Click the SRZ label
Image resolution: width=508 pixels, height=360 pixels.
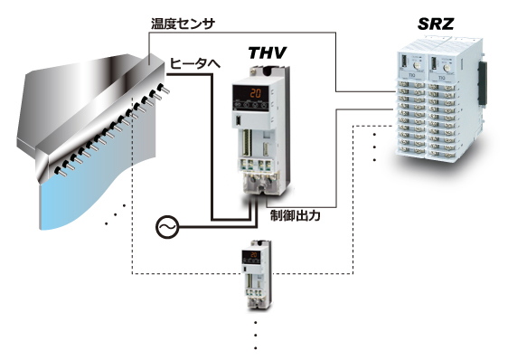point(436,24)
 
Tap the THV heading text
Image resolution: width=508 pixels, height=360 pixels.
point(268,52)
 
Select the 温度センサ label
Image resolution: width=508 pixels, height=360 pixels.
point(183,24)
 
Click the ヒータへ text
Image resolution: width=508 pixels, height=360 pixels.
point(195,63)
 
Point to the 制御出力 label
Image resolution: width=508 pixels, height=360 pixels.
point(296,215)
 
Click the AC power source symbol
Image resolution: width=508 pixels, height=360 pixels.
point(167,227)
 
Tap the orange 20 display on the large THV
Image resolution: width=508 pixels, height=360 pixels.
point(255,94)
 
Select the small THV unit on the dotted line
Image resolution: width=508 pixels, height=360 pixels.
point(256,275)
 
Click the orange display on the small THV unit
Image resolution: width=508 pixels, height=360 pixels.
point(254,255)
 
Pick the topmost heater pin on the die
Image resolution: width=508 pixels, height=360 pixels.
point(164,89)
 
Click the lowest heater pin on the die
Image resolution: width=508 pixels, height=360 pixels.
point(61,172)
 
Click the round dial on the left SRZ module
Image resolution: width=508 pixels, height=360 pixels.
point(415,66)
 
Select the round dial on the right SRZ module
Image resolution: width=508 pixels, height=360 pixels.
point(447,68)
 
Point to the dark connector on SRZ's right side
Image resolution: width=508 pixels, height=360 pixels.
point(483,84)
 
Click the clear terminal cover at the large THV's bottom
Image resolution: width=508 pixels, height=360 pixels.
point(259,185)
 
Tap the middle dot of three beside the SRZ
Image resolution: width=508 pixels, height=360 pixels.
point(375,147)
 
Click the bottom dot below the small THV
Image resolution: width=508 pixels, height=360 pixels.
point(256,348)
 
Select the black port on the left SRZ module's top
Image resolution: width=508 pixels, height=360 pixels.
point(404,62)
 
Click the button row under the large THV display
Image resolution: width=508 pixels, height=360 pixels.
point(249,105)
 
